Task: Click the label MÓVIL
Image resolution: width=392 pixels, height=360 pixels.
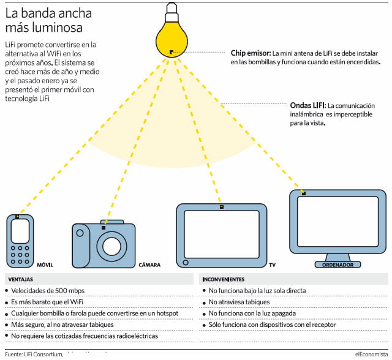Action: coord(46,265)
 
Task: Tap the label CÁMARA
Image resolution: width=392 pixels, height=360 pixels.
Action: coord(149,265)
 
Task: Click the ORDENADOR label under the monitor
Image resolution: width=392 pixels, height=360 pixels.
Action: coord(336,265)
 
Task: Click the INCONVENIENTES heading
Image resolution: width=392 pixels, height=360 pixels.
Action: coord(223,279)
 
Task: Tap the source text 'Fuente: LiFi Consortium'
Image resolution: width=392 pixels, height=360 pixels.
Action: coord(34,354)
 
